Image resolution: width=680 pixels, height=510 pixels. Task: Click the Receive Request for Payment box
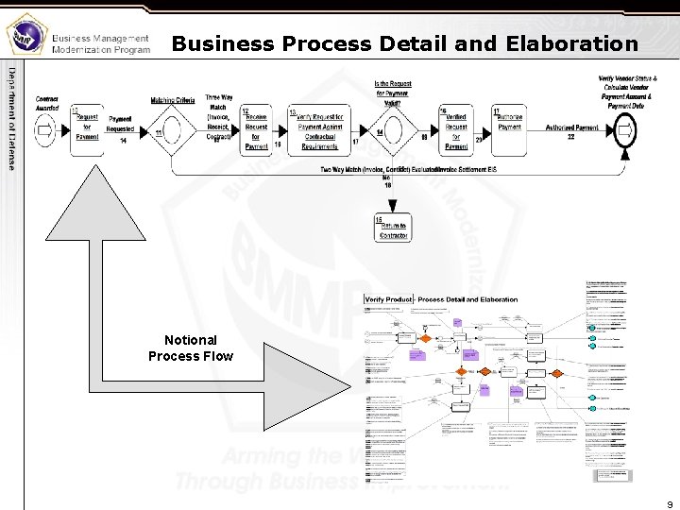256,129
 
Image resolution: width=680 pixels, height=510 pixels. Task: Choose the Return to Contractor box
393,229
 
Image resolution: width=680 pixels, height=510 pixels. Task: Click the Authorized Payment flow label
571,128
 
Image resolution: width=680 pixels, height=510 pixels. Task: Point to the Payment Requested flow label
120,124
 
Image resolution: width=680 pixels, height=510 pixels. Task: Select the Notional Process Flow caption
190,348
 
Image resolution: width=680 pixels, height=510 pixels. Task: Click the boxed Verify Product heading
389,299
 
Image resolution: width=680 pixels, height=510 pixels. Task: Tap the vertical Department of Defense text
12,117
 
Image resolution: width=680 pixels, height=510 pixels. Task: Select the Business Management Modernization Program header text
100,43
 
